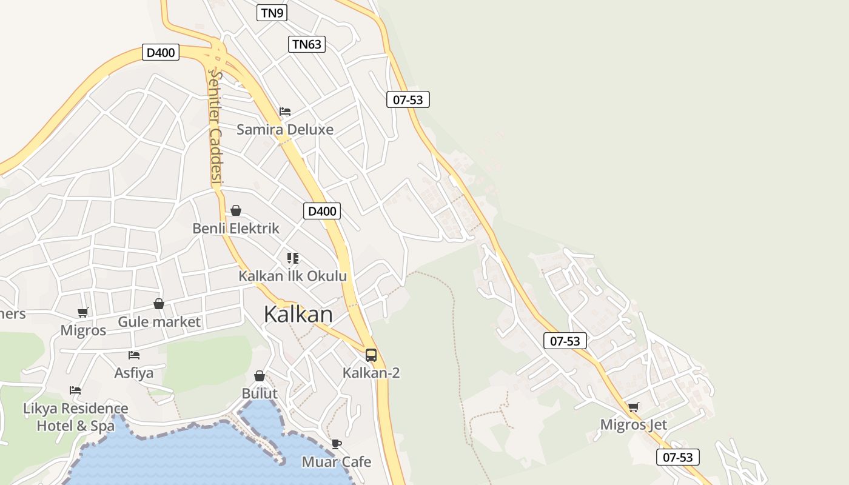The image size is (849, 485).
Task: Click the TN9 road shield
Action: coord(272,13)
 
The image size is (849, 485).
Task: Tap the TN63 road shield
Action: coord(306,44)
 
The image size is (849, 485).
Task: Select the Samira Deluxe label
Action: coord(284,129)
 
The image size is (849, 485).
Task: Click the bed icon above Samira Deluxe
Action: coord(285,112)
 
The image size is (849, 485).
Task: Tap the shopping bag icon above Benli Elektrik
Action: coord(236,210)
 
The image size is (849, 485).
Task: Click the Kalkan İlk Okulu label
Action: coord(292,276)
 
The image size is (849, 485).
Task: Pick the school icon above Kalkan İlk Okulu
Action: coord(293,258)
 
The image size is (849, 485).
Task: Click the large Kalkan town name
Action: coord(298,315)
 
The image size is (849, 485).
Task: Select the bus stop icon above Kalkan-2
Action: coord(371,355)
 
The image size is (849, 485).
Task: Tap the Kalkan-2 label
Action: coord(371,372)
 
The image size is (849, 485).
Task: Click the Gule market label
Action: coord(159,321)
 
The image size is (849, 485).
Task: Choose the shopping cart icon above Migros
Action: coord(83,313)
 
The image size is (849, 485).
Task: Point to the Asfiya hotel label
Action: coord(134,372)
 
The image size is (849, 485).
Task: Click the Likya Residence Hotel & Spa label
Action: coord(76,417)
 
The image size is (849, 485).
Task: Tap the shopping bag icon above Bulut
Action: coord(260,376)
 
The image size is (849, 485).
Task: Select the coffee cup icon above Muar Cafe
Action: coord(337,444)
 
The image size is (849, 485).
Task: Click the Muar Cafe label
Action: coord(337,462)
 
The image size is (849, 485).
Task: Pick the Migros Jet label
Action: coord(633,424)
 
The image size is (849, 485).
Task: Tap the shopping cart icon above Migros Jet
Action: coord(634,407)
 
